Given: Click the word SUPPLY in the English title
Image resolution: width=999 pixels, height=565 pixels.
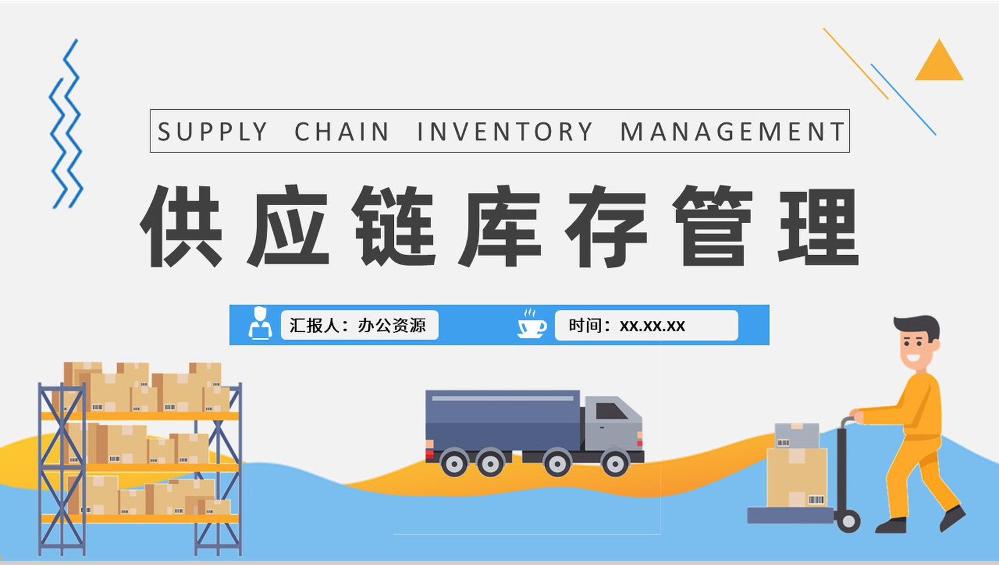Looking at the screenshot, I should pos(212,132).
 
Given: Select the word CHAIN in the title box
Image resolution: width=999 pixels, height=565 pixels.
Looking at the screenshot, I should pos(342,132).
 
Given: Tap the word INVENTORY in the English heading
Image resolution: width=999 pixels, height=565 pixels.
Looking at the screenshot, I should pos(505,132).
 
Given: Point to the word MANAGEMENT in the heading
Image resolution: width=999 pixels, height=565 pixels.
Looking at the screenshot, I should pos(732,132).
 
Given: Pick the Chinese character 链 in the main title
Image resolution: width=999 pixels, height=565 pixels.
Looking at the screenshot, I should pos(395,227).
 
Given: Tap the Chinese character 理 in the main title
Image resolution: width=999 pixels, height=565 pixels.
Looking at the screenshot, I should pos(819,227).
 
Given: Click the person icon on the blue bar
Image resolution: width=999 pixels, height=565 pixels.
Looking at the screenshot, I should pos(260,324).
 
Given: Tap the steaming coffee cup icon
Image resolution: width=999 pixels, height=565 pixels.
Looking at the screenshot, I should pos(531,324).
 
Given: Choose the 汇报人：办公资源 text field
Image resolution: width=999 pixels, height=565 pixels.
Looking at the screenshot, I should pos(359,325).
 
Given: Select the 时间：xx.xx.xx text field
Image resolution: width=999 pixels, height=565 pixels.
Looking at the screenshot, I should pos(646,325).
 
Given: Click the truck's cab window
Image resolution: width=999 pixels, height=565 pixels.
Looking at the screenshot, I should pos(610,411).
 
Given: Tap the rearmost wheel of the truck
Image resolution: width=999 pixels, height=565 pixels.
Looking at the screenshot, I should pos(454,463).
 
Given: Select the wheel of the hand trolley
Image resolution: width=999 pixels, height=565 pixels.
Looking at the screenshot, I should pos(848,521).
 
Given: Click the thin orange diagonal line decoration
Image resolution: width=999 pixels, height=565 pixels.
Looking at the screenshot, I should pos(855,63).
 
